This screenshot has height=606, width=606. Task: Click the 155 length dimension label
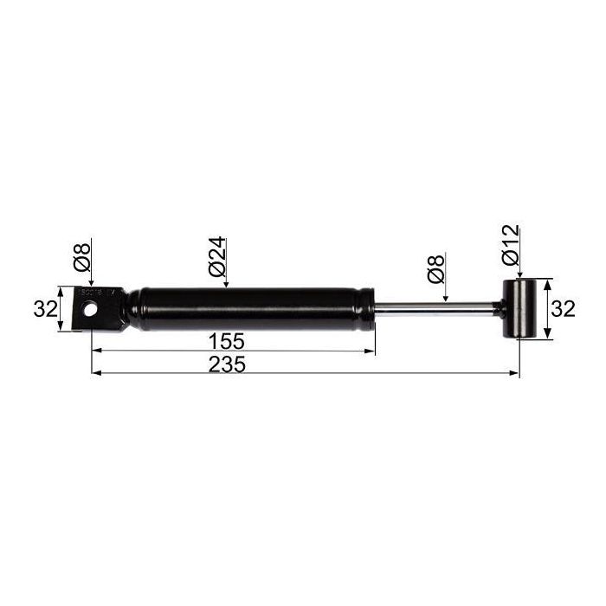[227, 342]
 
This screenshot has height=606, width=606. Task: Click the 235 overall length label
[227, 364]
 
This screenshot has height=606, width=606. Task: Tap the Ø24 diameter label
[216, 256]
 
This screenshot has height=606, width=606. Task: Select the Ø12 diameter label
[511, 244]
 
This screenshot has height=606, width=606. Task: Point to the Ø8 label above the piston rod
[436, 269]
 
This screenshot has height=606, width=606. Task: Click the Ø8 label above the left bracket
[81, 256]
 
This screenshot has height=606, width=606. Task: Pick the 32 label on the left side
[46, 309]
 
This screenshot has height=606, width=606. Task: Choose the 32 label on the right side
[563, 309]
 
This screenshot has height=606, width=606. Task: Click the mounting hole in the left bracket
[90, 309]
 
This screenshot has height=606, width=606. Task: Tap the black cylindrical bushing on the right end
[519, 309]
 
